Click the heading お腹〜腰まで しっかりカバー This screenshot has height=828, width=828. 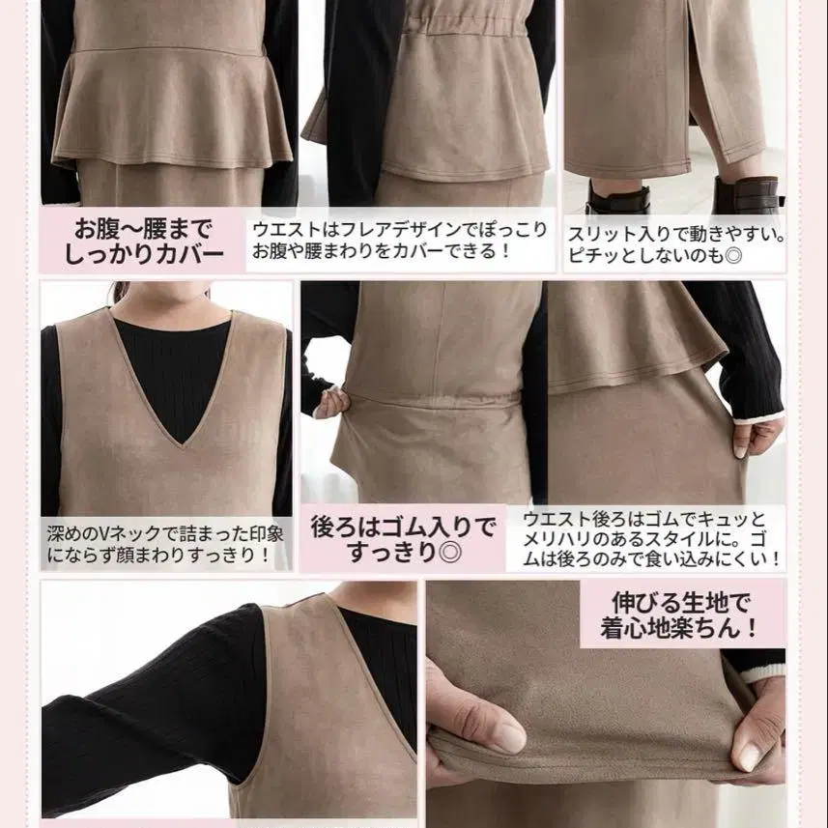pyautogui.click(x=144, y=242)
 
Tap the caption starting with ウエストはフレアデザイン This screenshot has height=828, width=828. pyautogui.click(x=400, y=241)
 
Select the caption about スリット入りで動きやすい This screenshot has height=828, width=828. pyautogui.click(x=676, y=244)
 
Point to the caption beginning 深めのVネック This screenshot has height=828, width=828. pyautogui.click(x=165, y=544)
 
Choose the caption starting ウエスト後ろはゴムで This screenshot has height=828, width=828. pyautogui.click(x=650, y=538)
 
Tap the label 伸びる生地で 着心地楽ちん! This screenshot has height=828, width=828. pyautogui.click(x=680, y=615)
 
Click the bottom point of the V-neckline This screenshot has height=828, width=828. pyautogui.click(x=182, y=446)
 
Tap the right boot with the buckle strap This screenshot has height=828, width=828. pyautogui.click(x=748, y=194)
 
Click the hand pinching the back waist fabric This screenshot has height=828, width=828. pyautogui.click(x=331, y=401)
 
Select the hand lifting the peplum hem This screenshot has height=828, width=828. pyautogui.click(x=756, y=436)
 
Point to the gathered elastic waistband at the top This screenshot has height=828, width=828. pyautogui.click(x=462, y=23)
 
